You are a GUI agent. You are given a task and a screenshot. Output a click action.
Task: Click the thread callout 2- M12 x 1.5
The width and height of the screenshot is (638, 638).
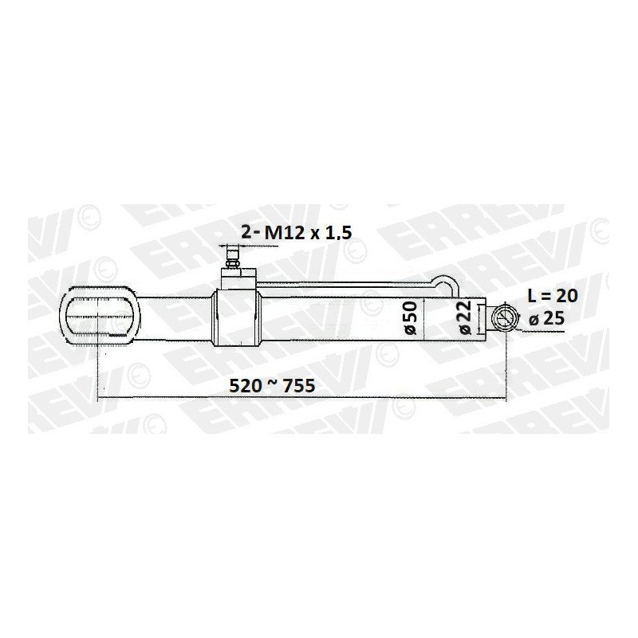(296, 232)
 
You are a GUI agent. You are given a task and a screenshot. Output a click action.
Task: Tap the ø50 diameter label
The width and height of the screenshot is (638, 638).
(410, 317)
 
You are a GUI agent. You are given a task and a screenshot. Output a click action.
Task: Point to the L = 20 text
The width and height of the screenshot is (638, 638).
(553, 296)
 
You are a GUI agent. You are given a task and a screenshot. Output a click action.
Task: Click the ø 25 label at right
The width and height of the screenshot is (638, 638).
(546, 318)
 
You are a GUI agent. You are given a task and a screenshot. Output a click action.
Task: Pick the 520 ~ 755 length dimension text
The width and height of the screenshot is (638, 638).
(272, 385)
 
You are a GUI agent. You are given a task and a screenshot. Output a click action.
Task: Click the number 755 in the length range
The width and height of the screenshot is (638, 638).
(299, 385)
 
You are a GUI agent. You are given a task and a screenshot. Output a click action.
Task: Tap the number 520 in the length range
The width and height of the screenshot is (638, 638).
(246, 385)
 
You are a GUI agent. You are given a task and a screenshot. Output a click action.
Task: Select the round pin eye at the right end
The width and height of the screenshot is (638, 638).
(505, 317)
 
